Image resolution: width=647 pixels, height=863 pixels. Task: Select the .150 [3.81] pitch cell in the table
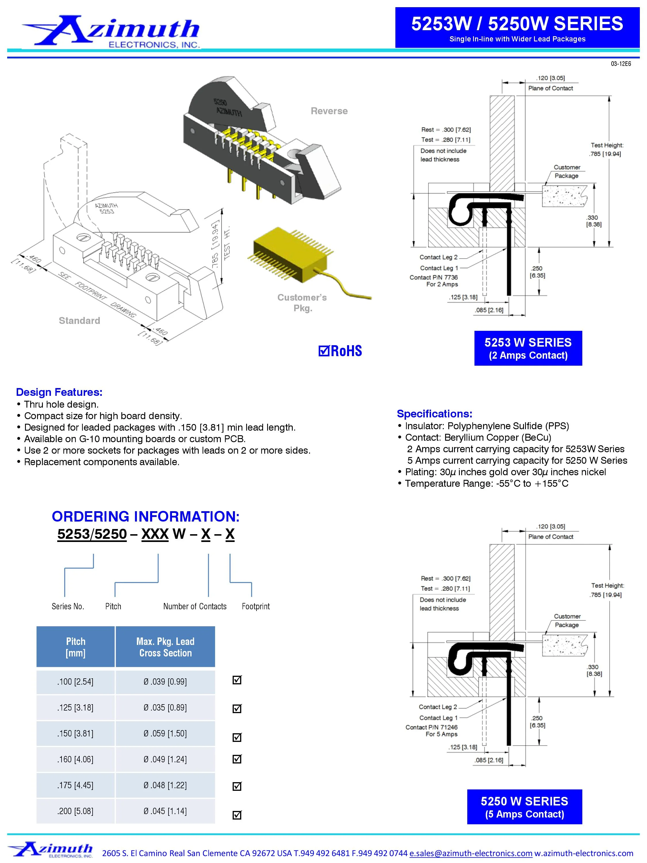click(75, 734)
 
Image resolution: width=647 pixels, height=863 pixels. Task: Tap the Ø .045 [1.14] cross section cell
click(165, 811)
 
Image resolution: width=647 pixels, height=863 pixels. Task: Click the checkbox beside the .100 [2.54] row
click(237, 680)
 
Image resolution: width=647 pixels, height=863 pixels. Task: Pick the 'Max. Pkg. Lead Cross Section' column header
click(165, 647)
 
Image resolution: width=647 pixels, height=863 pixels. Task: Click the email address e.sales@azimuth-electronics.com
click(471, 853)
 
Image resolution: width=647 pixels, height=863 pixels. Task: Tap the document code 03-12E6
click(621, 64)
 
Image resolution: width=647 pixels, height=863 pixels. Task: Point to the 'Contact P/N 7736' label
click(433, 277)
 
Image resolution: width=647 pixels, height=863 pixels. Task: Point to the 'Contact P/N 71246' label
click(431, 727)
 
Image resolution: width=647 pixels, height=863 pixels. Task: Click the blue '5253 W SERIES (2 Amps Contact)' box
click(528, 348)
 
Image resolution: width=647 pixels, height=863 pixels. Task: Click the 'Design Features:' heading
click(59, 392)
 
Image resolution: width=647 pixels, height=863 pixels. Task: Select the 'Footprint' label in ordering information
click(255, 606)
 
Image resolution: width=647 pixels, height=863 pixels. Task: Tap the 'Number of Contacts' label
click(195, 606)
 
